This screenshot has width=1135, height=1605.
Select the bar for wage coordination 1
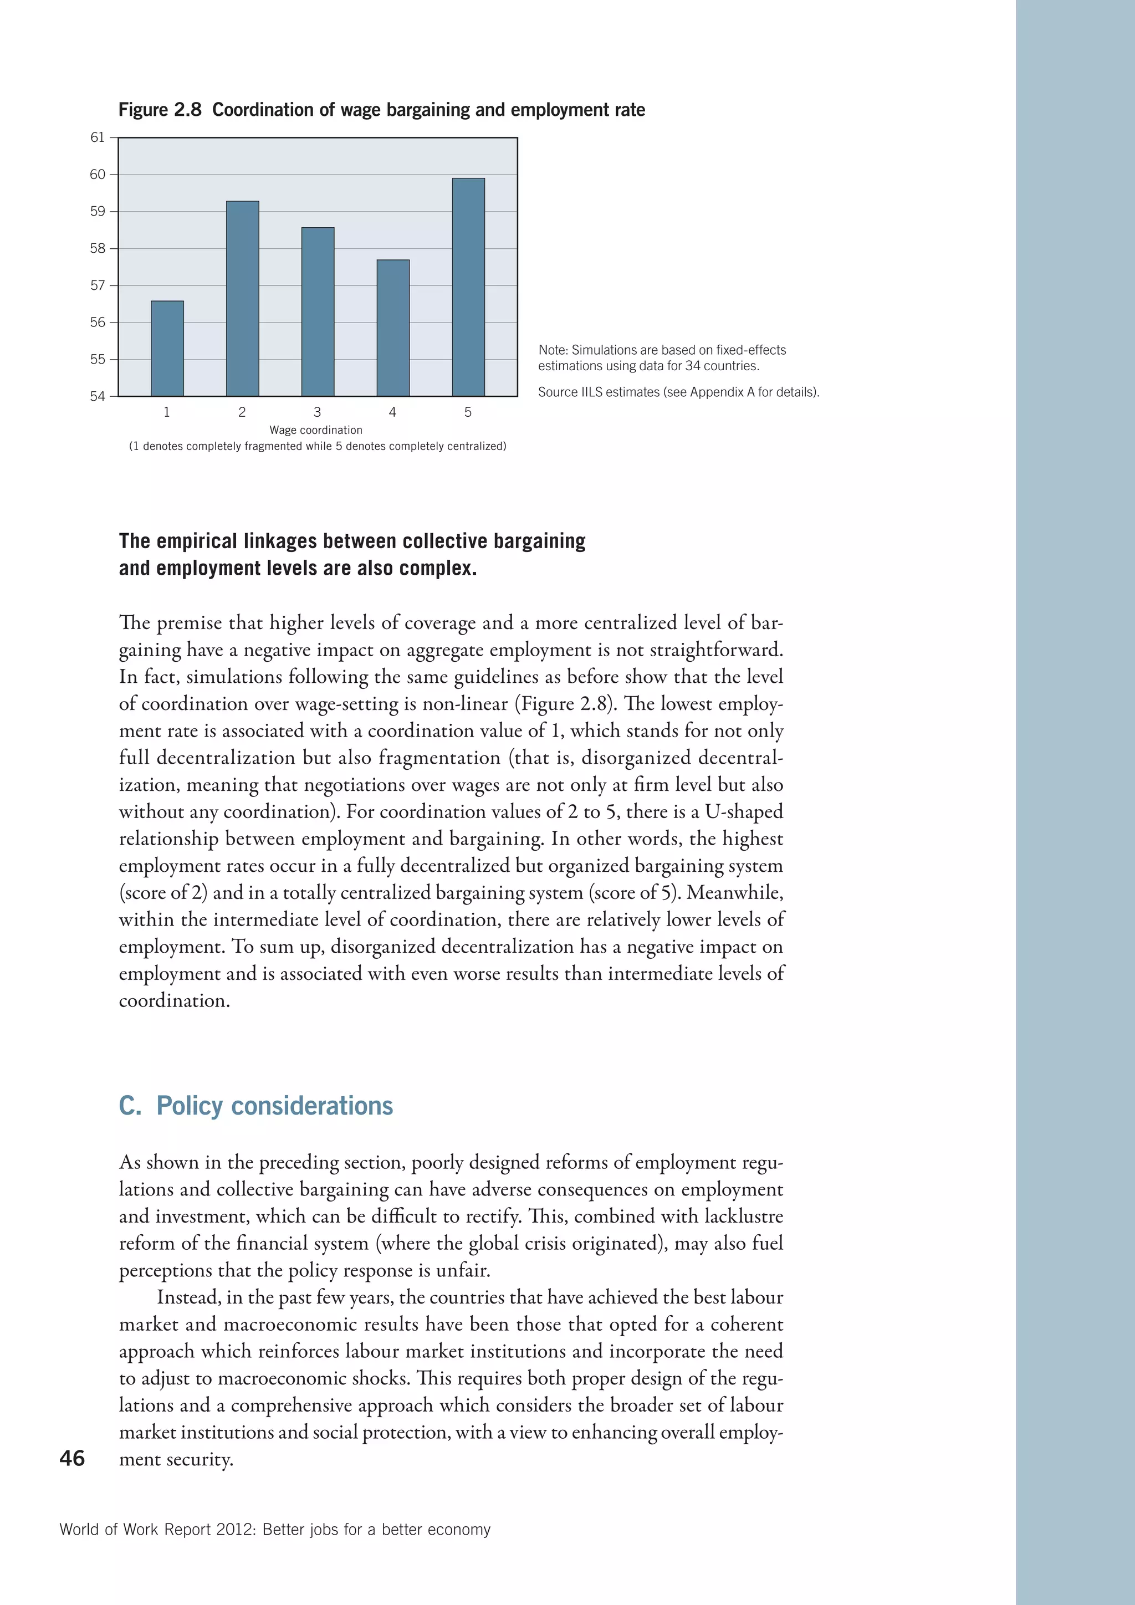(x=167, y=348)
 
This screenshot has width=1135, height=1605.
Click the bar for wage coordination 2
(x=243, y=299)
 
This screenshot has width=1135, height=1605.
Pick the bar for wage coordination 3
(x=318, y=312)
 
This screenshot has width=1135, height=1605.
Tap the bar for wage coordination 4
(x=393, y=328)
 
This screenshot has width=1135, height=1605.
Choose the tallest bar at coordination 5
(x=468, y=287)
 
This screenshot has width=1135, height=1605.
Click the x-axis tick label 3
(x=318, y=412)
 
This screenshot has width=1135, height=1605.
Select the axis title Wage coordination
(x=316, y=430)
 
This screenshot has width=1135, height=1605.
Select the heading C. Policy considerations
(x=256, y=1106)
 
